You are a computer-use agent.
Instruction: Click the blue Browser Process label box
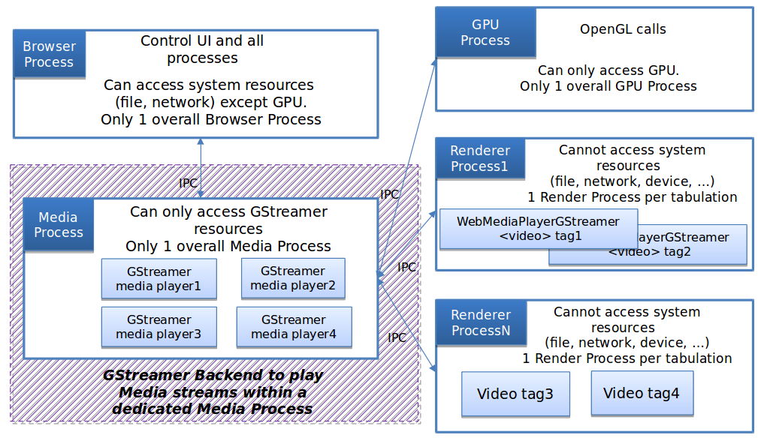pos(49,54)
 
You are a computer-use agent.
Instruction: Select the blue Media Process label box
pos(59,224)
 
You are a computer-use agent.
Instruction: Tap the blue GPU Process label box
pos(485,32)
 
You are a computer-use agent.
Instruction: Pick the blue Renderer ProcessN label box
pos(481,322)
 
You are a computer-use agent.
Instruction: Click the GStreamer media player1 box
pos(159,279)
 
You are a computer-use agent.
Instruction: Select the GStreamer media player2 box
pos(293,278)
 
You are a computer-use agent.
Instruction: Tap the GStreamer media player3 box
pos(159,327)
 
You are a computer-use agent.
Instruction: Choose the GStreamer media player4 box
pos(294,327)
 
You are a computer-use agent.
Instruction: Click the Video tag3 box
pos(515,394)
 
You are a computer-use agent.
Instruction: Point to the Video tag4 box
pos(641,393)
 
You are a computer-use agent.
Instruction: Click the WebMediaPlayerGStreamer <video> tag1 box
pos(538,229)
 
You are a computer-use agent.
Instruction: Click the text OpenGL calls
pos(623,30)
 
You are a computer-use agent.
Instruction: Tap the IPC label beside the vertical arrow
pos(189,182)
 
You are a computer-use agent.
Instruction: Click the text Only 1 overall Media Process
pos(228,246)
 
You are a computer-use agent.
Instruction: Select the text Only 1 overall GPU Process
pos(608,86)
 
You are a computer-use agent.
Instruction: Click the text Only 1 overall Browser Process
pos(211,119)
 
